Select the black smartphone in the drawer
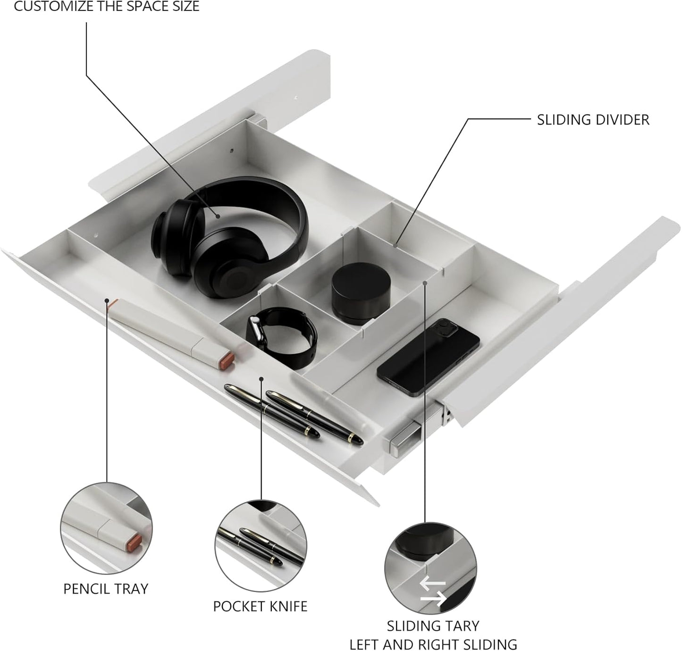428,355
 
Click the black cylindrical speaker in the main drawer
361,292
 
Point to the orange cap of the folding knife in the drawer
227,360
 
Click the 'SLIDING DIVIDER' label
593,120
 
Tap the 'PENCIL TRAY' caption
106,588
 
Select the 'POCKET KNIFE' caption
260,606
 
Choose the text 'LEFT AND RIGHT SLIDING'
433,644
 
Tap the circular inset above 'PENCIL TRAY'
106,528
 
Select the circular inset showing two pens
261,546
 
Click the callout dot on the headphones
218,216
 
